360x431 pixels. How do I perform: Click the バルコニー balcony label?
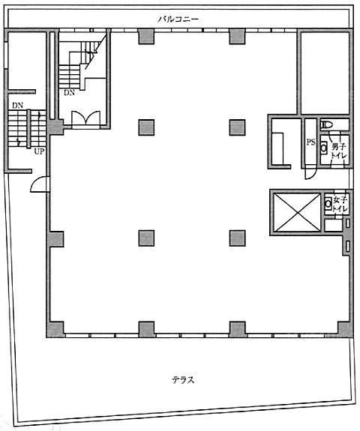pos(178,19)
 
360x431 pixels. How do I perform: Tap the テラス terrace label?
pos(183,380)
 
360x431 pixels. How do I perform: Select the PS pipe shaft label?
pos(310,142)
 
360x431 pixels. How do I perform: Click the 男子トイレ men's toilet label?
pos(339,151)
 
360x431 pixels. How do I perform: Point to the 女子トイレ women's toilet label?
pos(340,203)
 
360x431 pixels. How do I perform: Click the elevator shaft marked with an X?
pos(298,212)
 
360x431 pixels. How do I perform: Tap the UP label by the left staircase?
pos(39,151)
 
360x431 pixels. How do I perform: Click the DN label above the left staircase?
pos(17,105)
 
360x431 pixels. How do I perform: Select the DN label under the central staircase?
pos(69,93)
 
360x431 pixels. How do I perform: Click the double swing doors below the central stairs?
pos(85,118)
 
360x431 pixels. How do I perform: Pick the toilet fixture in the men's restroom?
pos(327,125)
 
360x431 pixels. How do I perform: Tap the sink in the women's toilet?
pos(328,204)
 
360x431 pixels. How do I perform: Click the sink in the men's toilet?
pos(324,148)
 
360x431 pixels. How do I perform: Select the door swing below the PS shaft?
pos(311,174)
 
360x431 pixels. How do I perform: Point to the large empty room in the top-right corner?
pos(325,73)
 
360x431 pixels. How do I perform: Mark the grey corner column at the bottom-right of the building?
pos(345,329)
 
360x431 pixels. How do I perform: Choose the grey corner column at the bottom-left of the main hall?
pos(56,329)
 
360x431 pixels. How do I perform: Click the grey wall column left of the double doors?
pos(55,127)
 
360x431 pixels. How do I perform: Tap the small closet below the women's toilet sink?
pos(333,226)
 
